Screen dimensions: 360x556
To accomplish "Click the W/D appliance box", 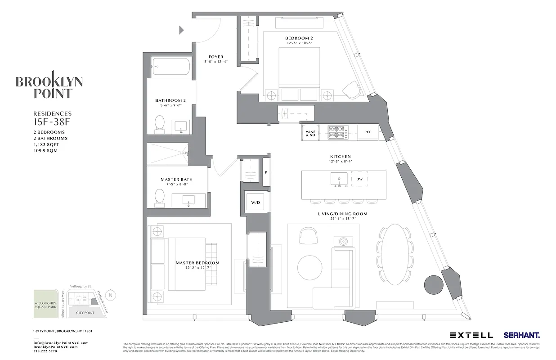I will coord(256,202).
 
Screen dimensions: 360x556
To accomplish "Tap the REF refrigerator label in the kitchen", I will coord(368,133).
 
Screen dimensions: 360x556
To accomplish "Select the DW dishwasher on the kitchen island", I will coord(359,179).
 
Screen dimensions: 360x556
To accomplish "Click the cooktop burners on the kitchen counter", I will coord(338,133).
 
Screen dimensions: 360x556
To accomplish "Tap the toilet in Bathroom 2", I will coord(159,123).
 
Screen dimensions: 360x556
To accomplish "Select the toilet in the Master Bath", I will coord(159,197).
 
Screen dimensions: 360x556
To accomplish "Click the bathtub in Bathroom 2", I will coord(171,67).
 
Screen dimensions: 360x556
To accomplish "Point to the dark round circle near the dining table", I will coord(434,284).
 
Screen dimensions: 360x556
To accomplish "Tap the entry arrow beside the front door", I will coord(182,30).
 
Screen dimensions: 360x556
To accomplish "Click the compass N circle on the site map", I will coord(112,295).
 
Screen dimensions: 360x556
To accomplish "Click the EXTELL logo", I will coord(471,335).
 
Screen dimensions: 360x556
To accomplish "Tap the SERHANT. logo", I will coord(522,335).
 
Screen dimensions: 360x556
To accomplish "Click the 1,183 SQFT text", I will coord(46,144).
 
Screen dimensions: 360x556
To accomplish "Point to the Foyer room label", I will coord(216,57).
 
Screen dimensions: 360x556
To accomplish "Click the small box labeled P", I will coord(266,172).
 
